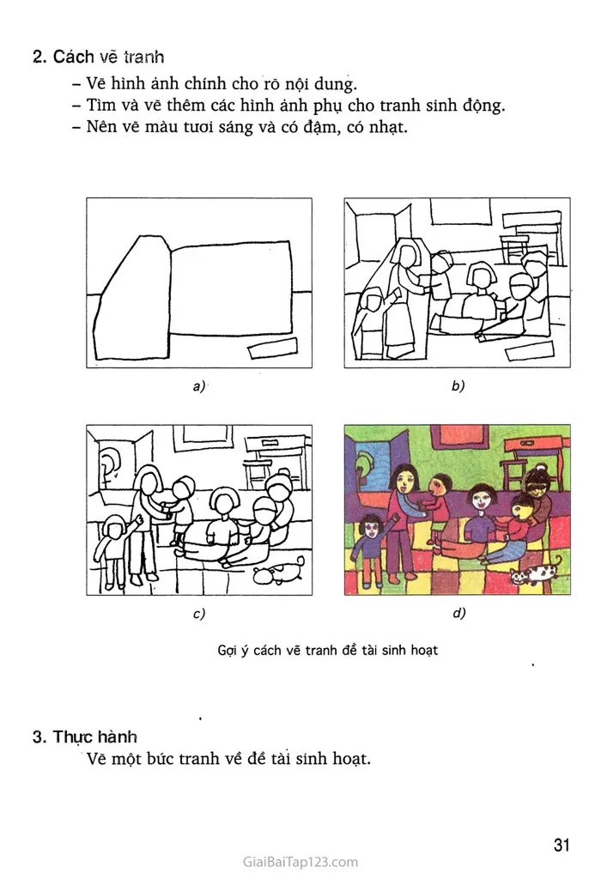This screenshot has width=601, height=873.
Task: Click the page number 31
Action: pos(562,844)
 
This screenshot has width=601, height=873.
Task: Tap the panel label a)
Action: pos(199,385)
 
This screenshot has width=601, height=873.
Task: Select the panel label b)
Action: pos(458,385)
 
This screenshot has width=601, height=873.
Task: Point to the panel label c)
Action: pos(199,614)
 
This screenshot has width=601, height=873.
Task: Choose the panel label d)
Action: pos(458,613)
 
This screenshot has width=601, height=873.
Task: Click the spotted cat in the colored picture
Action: pos(532,572)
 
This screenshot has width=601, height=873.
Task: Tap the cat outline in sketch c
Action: pos(279,573)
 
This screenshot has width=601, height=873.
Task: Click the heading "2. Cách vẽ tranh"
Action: pos(98,57)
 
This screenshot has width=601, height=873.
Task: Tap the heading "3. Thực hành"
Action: pos(85,737)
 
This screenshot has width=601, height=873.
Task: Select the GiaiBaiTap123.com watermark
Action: pos(300,862)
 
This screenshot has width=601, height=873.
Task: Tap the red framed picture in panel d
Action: pos(460,440)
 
